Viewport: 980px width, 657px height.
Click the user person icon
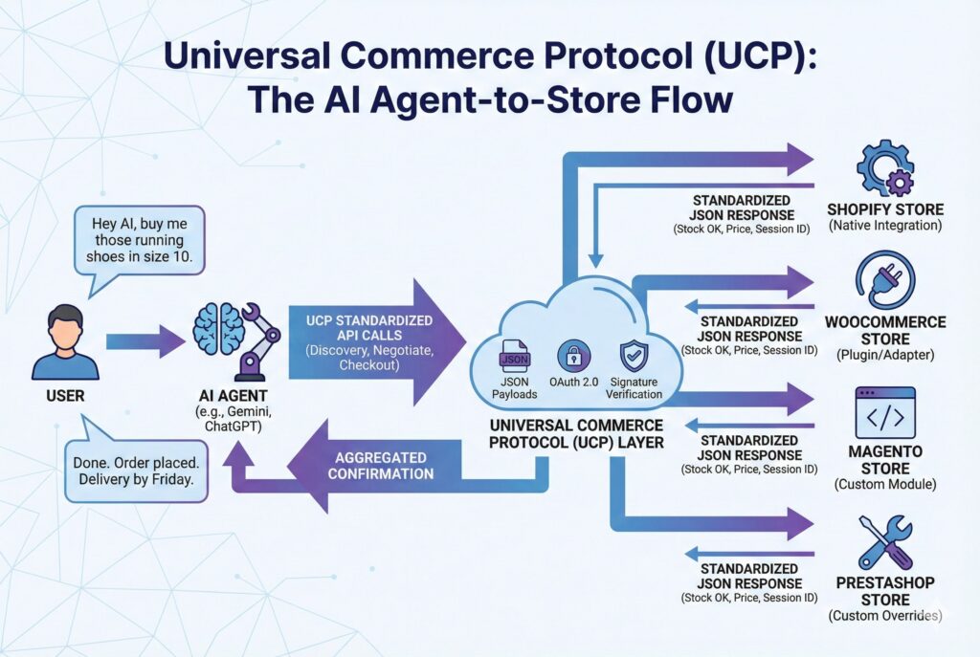(x=64, y=341)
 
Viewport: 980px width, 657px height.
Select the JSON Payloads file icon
(x=514, y=362)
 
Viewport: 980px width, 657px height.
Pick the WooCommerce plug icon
(x=884, y=278)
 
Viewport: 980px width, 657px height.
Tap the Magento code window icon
(x=884, y=412)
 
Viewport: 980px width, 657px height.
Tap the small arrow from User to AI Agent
(x=145, y=340)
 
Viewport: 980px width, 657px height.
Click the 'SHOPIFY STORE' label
(x=884, y=209)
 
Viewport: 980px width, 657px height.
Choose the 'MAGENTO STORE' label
(x=884, y=460)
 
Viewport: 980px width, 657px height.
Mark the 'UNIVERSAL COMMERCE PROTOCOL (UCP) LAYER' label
(x=574, y=433)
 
